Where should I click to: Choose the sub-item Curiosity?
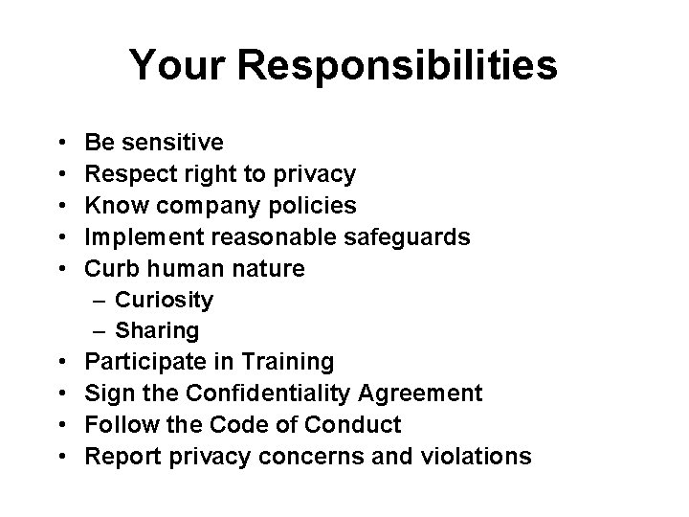click(x=164, y=300)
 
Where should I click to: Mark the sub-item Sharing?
click(x=157, y=330)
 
